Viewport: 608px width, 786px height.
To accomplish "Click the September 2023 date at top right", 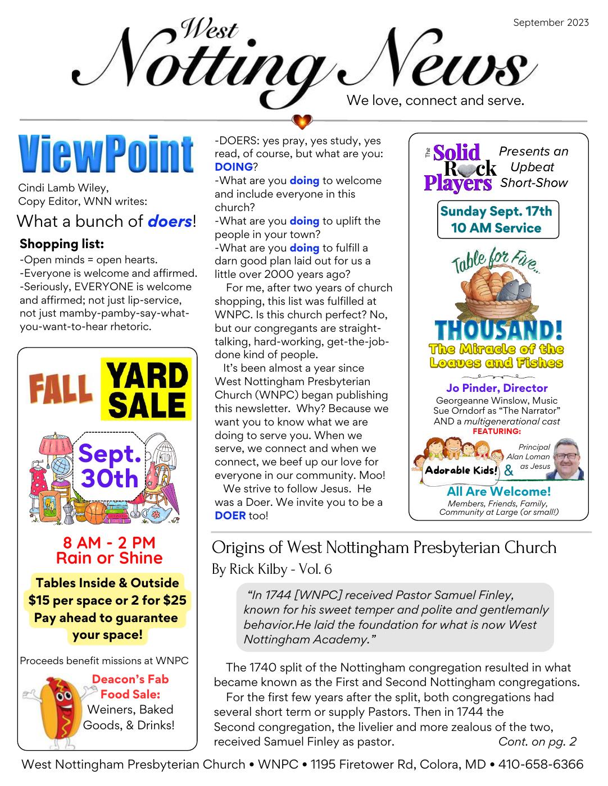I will tap(551, 22).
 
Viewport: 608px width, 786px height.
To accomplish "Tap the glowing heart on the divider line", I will tap(302, 121).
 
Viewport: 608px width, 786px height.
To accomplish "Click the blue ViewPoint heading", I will tap(106, 153).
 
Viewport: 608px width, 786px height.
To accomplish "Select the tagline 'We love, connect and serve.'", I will tap(435, 100).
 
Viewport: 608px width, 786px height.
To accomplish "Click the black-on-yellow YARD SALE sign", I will tap(146, 390).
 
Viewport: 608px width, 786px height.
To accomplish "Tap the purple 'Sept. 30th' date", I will tap(109, 466).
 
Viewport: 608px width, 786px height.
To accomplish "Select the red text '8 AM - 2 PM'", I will tap(109, 543).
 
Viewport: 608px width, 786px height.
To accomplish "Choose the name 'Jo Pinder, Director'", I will tap(497, 388).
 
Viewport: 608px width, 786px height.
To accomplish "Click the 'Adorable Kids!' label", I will tap(461, 470).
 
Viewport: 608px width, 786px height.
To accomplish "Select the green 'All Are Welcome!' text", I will tap(498, 491).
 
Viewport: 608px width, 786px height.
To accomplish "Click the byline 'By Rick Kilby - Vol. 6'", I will tap(271, 569).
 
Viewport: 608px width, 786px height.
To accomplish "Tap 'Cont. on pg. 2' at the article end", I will tap(537, 742).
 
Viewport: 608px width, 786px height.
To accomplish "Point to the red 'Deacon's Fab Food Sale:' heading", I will tap(130, 687).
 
